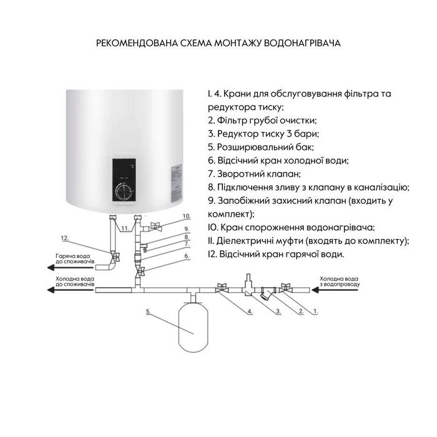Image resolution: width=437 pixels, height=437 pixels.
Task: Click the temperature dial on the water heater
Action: coord(125,190)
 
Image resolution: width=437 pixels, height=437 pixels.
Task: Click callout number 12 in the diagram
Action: coord(64,238)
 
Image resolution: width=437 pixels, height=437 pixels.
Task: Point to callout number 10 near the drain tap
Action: coord(185,216)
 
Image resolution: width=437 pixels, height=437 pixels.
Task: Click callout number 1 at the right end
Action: coord(315,310)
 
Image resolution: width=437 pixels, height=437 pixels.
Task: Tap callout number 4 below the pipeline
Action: coord(250,310)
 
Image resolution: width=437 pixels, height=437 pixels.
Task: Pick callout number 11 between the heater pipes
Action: coord(125,229)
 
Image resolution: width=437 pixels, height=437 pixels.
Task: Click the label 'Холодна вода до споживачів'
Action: coord(75,282)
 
